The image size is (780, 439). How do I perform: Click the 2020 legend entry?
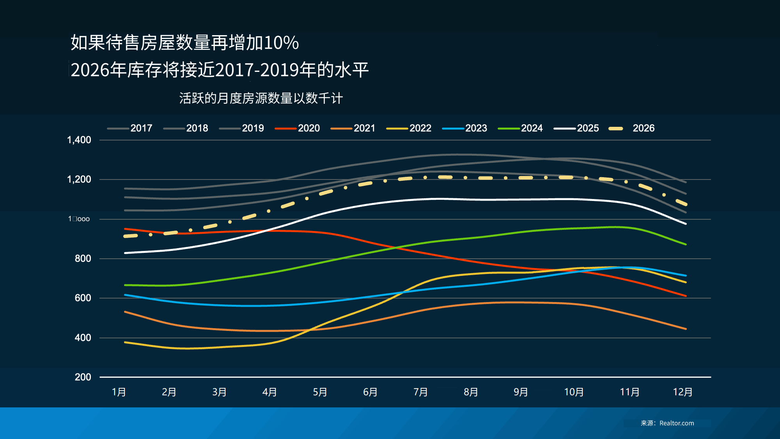tap(308, 128)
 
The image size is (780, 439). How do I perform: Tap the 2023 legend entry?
tap(476, 128)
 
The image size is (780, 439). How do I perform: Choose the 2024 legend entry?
tap(532, 128)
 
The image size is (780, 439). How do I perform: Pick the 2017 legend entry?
tap(141, 128)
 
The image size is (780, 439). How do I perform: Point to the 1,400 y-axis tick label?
tap(79, 140)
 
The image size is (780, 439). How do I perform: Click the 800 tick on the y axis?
tap(83, 258)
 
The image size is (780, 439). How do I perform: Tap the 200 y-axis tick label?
tap(83, 377)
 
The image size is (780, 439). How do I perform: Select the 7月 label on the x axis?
tap(420, 392)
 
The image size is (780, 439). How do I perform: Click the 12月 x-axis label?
tap(682, 392)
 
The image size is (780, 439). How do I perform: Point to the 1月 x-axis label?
tap(119, 392)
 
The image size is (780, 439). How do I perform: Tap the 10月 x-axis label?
tap(574, 392)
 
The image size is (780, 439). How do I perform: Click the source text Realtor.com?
tap(677, 423)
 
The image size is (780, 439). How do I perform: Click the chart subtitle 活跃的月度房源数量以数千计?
tap(261, 98)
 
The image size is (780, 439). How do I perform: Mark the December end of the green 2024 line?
tap(686, 244)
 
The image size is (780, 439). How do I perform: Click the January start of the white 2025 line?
tap(125, 253)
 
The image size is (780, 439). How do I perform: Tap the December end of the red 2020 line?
tap(686, 296)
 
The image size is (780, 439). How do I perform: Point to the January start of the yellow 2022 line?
tap(125, 342)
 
